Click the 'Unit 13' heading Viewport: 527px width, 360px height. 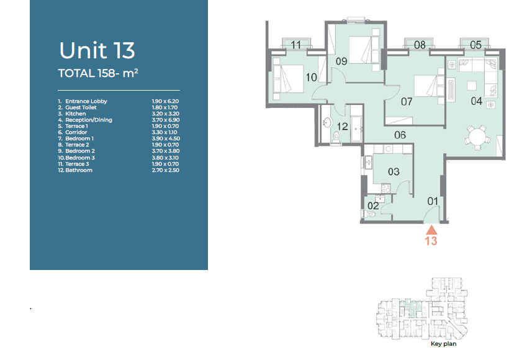[x=97, y=50]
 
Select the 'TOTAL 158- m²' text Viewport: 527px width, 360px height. [x=98, y=73]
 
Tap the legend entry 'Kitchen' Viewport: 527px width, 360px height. [x=75, y=114]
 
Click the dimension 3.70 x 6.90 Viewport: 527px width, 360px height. [x=166, y=120]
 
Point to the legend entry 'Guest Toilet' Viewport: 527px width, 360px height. [x=81, y=107]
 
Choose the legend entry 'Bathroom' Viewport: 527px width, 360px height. [x=79, y=170]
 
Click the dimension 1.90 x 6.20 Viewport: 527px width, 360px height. [x=165, y=101]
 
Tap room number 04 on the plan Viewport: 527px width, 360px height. [x=476, y=101]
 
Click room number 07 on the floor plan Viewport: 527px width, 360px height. [x=407, y=101]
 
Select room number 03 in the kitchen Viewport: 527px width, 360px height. [x=394, y=172]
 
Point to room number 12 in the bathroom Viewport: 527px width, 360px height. [x=342, y=127]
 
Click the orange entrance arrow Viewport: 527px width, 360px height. [x=431, y=230]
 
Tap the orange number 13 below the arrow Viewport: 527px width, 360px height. [x=431, y=241]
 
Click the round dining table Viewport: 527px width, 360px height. [x=477, y=137]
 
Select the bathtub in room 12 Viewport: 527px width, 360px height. [x=356, y=129]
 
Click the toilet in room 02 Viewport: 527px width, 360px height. [x=369, y=214]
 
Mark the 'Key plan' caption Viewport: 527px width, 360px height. [x=443, y=343]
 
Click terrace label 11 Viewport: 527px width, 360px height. [x=295, y=45]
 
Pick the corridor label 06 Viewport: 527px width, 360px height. [x=400, y=135]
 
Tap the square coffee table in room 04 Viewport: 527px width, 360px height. [x=472, y=86]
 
